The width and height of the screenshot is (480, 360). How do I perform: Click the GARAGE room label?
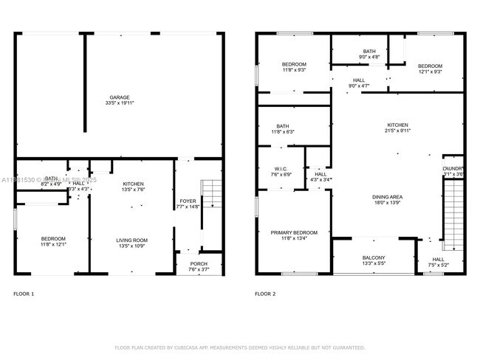tap(120, 97)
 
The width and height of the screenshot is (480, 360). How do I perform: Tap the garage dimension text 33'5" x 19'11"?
tap(120, 104)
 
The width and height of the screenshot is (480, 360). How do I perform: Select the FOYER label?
tap(188, 201)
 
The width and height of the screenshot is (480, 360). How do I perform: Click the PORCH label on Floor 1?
tap(199, 264)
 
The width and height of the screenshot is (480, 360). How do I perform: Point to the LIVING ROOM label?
tap(132, 240)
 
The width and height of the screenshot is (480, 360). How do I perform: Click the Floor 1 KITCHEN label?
tap(133, 184)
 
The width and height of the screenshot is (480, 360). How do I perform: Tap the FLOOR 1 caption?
tap(24, 294)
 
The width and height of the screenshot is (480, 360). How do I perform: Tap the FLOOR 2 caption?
tap(265, 294)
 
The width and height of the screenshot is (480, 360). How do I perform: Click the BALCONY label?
tap(373, 257)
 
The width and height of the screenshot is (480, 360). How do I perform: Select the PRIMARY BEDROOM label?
tap(294, 232)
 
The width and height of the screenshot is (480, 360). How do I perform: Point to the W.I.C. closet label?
tap(281, 168)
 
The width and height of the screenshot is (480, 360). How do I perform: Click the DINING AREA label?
tap(386, 196)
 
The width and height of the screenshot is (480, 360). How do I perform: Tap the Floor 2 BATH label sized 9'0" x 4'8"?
tap(369, 51)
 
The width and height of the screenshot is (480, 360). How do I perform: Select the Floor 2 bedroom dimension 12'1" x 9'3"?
tap(429, 72)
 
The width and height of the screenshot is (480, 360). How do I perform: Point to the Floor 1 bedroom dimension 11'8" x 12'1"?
tap(53, 245)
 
